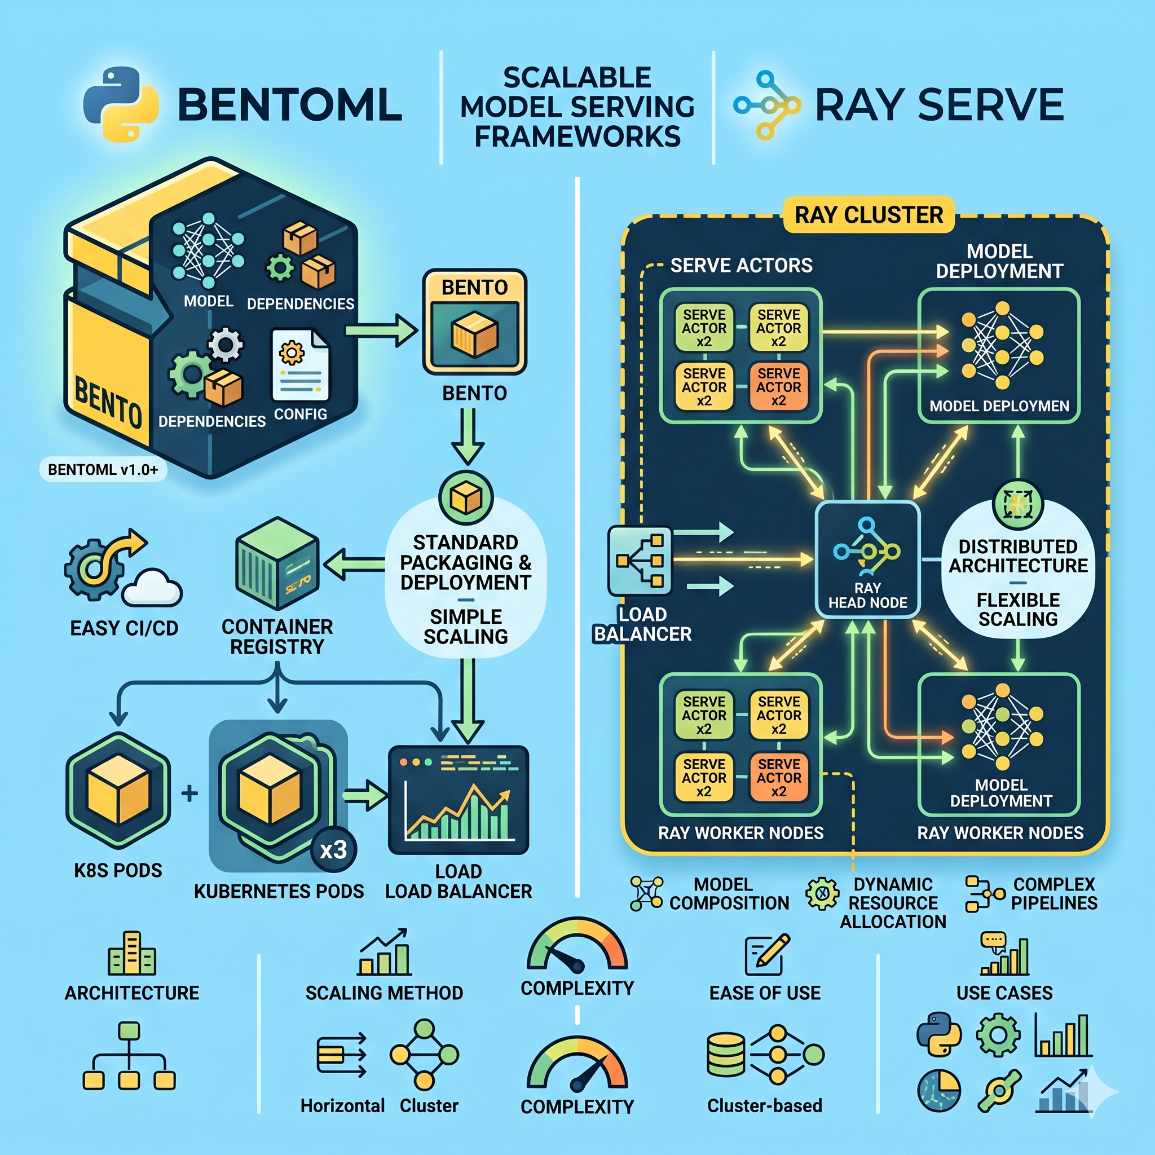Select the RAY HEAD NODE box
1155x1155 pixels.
pos(867,559)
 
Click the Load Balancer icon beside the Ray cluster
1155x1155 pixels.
pos(640,561)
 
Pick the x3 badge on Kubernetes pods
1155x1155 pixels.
pos(333,849)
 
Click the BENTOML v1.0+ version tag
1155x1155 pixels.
pos(103,469)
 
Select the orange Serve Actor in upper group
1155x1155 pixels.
pos(778,387)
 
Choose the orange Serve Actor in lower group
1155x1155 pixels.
pos(778,777)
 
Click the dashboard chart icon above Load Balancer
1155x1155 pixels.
pos(459,800)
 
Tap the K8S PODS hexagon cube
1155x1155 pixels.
pos(118,790)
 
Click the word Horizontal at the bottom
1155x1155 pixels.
pos(342,1105)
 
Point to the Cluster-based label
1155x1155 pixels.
pos(765,1105)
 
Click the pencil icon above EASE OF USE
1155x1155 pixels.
pos(767,954)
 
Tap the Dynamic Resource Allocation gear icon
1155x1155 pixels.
pos(822,893)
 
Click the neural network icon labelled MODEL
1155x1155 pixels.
pos(208,250)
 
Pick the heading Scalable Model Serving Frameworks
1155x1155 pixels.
pos(577,107)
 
